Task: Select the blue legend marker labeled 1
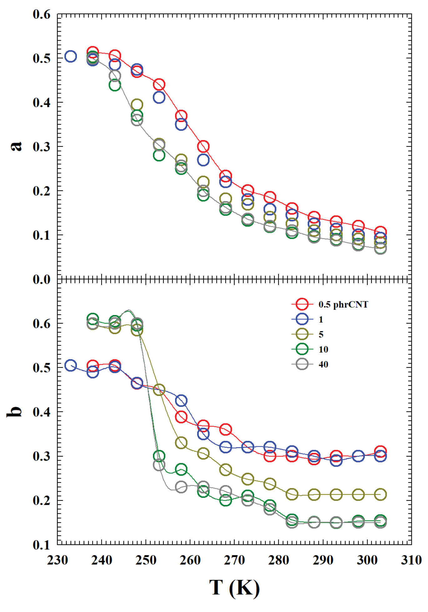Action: tap(302, 319)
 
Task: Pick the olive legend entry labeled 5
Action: tap(302, 334)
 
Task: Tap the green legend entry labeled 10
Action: tap(302, 349)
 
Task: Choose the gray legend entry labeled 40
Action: tap(302, 364)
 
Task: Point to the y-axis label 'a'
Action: tap(16, 146)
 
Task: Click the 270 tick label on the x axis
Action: tap(234, 560)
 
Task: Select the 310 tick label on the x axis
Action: tap(411, 560)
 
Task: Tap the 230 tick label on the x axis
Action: tap(58, 560)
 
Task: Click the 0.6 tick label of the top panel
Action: tap(42, 14)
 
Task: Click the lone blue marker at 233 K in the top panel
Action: tap(71, 57)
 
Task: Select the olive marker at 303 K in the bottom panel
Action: tap(380, 495)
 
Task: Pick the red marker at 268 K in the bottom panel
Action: tap(225, 430)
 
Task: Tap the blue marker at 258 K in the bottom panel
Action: tap(181, 401)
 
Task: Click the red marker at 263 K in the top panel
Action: tap(203, 146)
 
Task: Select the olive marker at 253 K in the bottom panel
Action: tap(159, 390)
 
